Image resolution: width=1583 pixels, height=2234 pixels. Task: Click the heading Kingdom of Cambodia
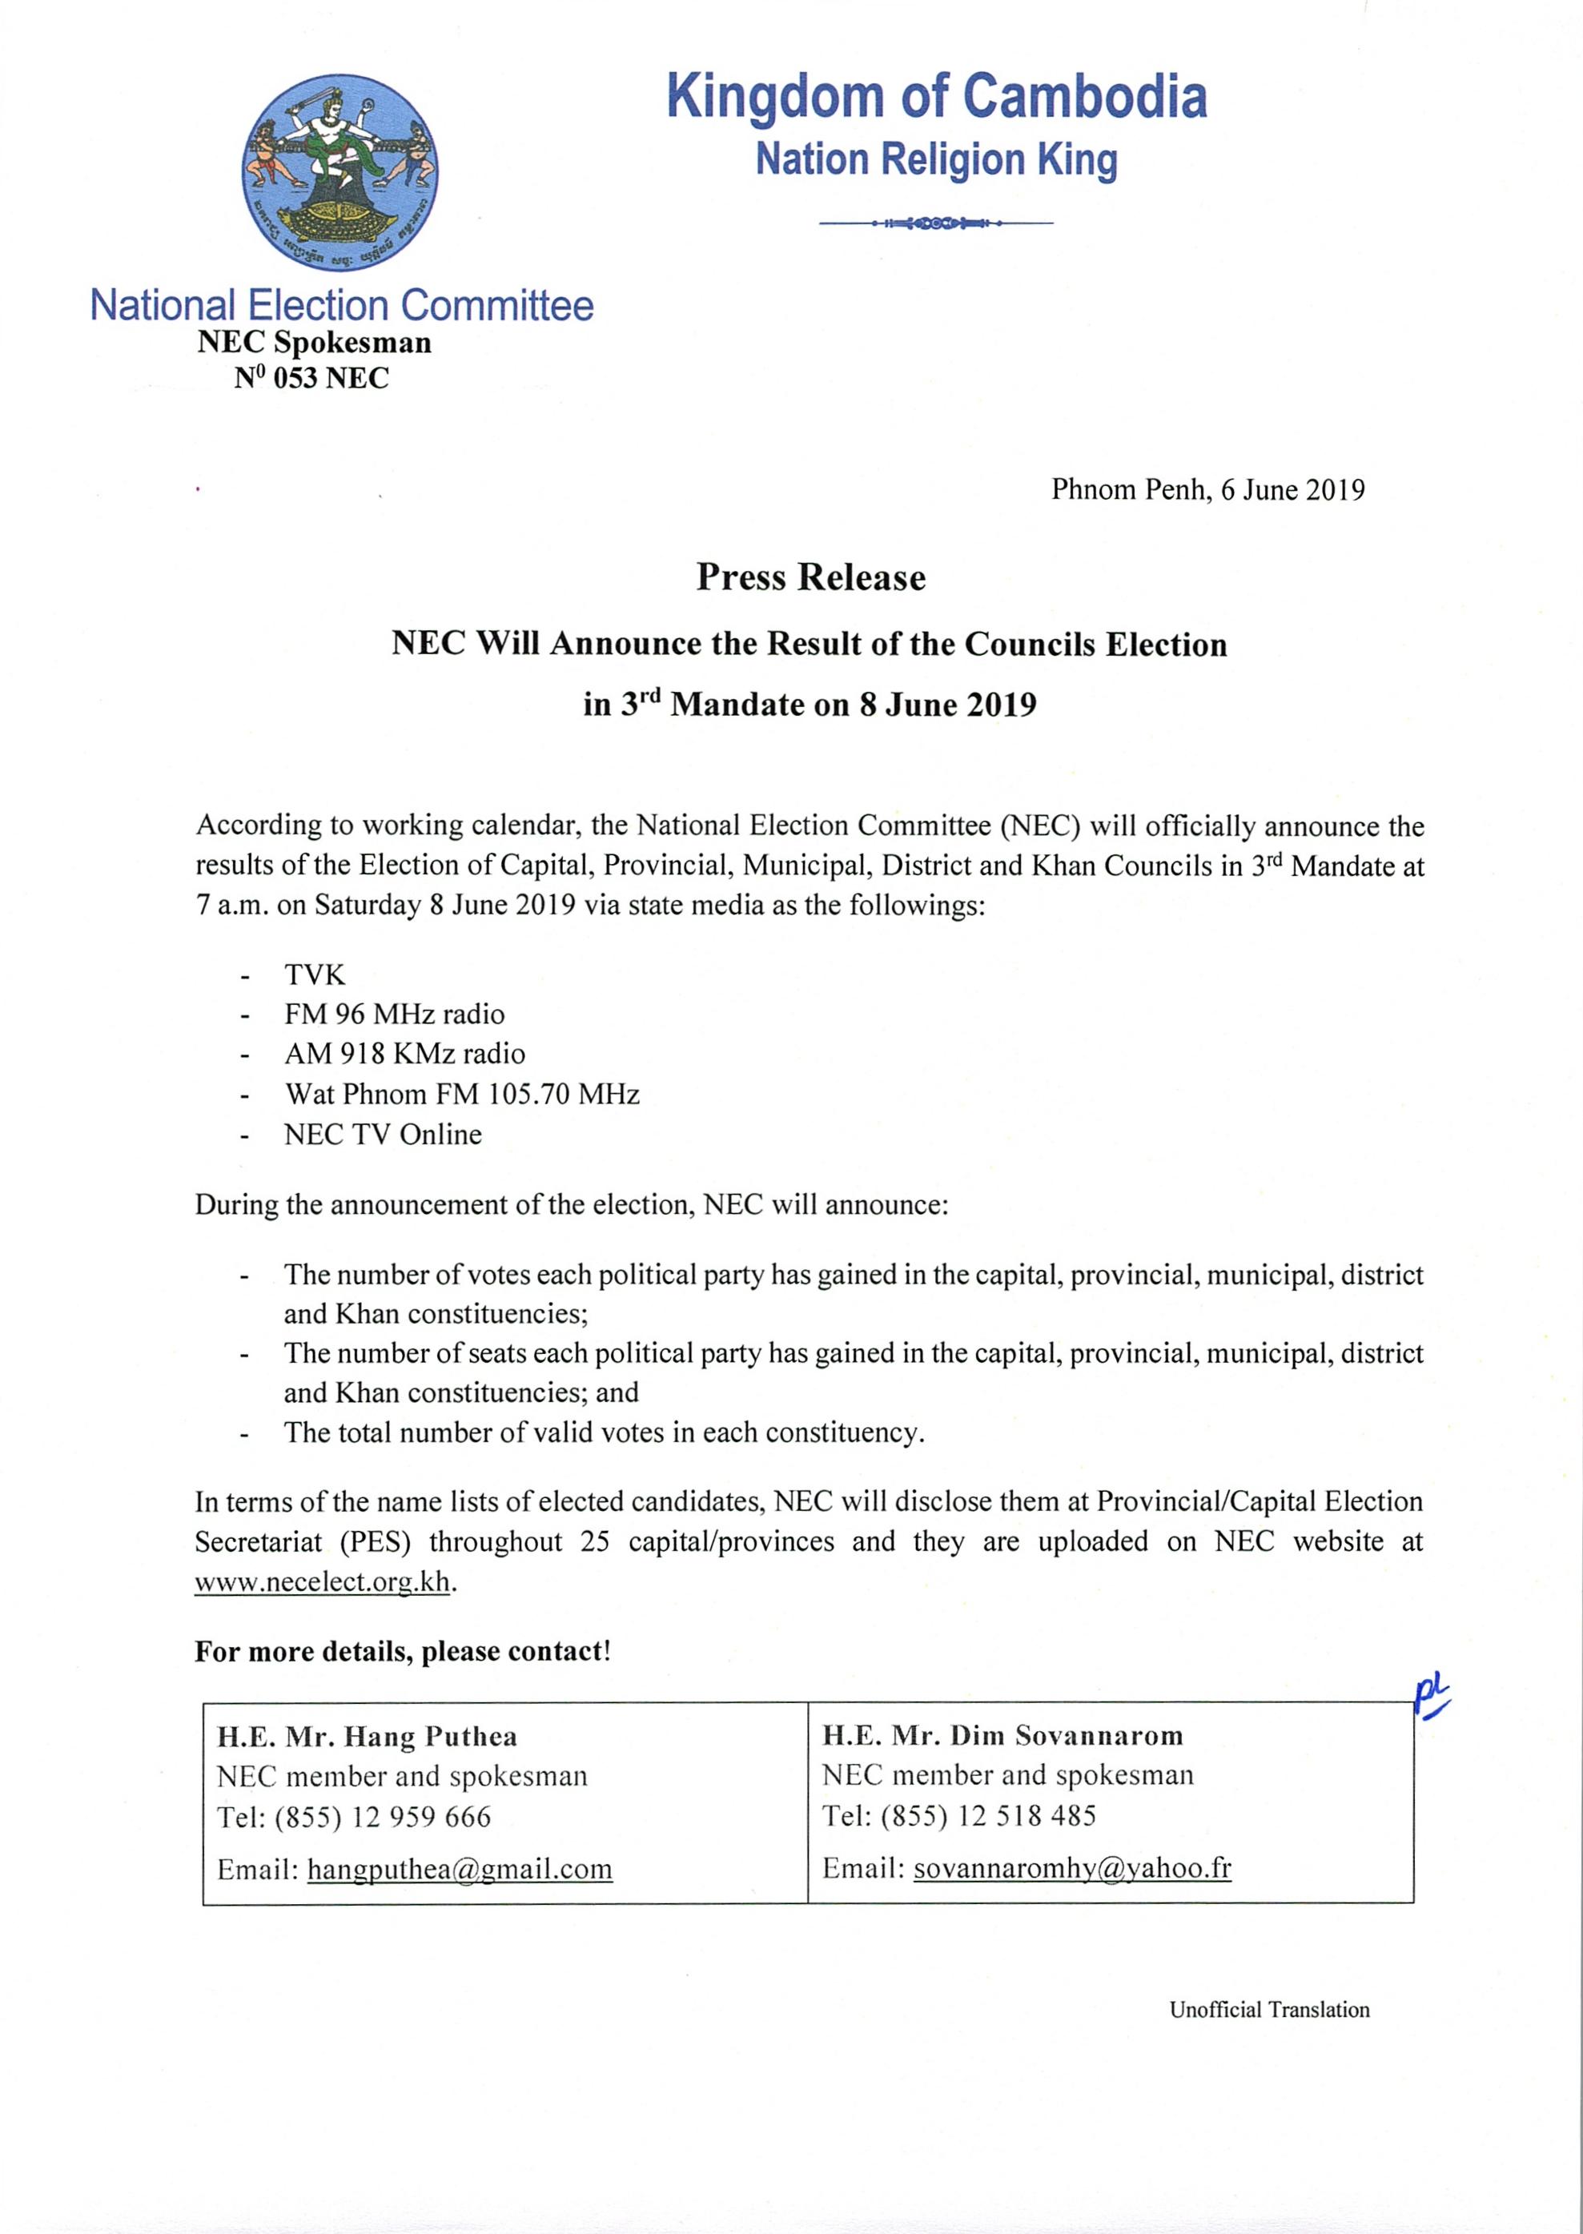coord(936,98)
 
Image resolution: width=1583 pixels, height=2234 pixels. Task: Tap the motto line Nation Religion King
coord(936,160)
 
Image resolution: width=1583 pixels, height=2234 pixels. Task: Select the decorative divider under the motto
coord(936,224)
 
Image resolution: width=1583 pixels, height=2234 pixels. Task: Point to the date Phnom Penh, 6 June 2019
coord(1207,489)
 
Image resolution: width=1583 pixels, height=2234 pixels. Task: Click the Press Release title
coord(810,577)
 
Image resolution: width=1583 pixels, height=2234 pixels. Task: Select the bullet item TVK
coord(315,974)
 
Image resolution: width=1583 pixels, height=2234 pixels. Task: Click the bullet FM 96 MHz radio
coord(394,1015)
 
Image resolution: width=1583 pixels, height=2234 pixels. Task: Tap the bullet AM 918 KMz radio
coord(404,1054)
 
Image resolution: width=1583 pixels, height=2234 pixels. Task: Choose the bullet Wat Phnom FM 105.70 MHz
coord(462,1094)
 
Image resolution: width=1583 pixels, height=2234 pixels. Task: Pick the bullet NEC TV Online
coord(383,1135)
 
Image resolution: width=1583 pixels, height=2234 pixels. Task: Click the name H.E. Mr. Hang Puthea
coord(368,1736)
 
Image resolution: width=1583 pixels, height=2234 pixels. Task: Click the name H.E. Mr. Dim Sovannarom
coord(1003,1735)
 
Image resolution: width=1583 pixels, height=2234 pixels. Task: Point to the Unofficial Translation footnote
coord(1269,2010)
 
